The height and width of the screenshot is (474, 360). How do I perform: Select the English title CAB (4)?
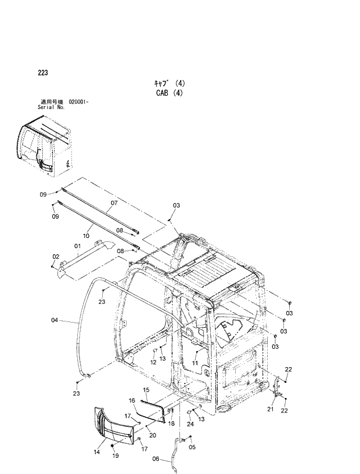tap(169, 93)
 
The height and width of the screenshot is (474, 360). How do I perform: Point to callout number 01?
tap(77, 246)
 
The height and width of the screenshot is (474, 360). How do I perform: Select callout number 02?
tap(56, 256)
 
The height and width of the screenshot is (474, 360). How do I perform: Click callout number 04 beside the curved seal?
tap(54, 320)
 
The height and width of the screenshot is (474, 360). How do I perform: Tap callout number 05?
tap(192, 447)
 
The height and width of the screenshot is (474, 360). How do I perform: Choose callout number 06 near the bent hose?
tap(156, 458)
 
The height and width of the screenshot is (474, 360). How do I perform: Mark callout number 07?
tap(114, 203)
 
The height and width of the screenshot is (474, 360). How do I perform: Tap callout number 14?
tap(96, 451)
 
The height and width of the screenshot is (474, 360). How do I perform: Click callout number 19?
tap(115, 457)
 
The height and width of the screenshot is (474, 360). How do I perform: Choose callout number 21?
tap(270, 409)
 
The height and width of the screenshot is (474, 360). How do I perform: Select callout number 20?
tap(152, 435)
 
